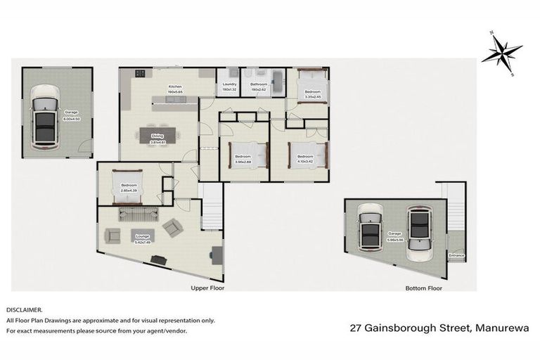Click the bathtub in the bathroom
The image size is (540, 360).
[x=275, y=83]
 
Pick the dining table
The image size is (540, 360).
[x=157, y=134]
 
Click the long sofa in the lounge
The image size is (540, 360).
[x=132, y=212]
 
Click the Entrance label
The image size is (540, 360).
[x=456, y=255]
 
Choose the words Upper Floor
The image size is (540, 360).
[x=207, y=288]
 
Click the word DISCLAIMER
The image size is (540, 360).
[x=25, y=309]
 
